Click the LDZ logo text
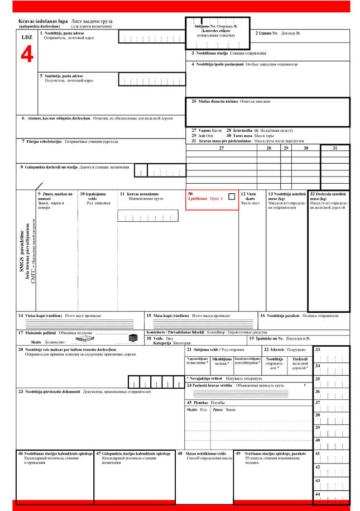(27, 37)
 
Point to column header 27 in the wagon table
(221, 148)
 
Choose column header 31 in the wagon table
(335, 148)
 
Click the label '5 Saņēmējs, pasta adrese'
(61, 75)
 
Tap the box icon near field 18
(133, 337)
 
